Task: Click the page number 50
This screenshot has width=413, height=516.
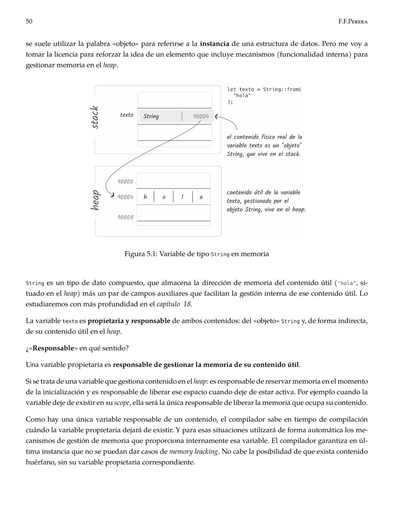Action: [29, 21]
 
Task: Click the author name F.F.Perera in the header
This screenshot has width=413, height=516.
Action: [353, 21]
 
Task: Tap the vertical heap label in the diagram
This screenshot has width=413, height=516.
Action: [95, 200]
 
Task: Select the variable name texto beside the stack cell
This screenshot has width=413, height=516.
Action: [127, 115]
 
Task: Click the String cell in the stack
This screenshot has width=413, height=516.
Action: [151, 116]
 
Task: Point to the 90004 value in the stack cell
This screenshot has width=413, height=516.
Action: [201, 116]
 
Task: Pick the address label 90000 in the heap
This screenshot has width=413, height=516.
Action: [125, 182]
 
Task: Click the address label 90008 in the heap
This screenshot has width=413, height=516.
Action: [125, 217]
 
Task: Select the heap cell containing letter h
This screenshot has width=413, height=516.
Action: [145, 197]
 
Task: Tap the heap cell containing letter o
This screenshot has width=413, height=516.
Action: [164, 197]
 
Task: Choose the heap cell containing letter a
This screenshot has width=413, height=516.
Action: [201, 197]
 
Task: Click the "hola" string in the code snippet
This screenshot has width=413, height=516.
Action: [242, 95]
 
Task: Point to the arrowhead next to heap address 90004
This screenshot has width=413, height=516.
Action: [112, 195]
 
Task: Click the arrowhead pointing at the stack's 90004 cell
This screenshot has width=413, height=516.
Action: [217, 117]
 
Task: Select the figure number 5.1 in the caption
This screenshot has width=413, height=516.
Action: [151, 254]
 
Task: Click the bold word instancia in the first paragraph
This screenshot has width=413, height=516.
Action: [214, 44]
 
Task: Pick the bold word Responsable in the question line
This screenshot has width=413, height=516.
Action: [53, 348]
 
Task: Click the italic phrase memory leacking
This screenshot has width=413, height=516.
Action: [194, 451]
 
